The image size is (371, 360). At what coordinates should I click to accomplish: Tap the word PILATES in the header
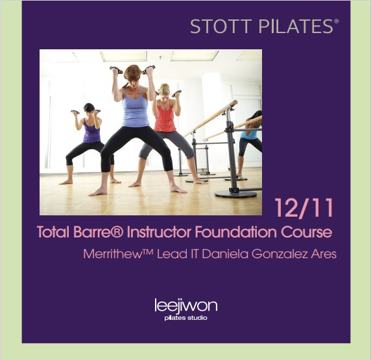296,27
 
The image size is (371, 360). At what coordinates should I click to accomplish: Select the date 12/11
304,208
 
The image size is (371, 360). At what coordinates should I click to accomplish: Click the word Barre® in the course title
98,232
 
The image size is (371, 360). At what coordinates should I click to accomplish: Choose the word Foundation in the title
237,232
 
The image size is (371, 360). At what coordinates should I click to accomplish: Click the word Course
306,232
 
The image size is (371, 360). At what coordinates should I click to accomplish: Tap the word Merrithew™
119,254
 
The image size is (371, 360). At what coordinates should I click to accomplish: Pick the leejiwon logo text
186,306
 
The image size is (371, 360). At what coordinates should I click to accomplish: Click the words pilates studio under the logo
186,318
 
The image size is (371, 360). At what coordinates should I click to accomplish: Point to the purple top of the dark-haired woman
91,132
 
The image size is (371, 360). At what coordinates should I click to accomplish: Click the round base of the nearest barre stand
235,194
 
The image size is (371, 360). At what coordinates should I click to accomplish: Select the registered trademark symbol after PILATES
336,21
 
